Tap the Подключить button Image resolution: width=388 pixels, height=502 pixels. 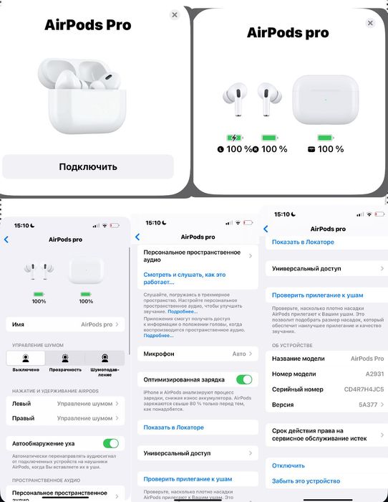coord(87,166)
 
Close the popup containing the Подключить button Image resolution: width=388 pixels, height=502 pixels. coord(175,14)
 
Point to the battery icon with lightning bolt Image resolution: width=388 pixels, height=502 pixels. coord(235,137)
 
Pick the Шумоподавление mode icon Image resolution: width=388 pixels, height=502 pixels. coord(105,358)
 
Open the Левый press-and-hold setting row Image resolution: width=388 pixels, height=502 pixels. coord(65,404)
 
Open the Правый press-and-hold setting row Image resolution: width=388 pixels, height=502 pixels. coord(65,418)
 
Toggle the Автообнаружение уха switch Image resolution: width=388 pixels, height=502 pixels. coord(110,444)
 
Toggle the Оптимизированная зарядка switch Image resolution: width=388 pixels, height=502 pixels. coord(244,379)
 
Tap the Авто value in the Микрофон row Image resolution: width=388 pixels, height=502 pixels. coord(239,354)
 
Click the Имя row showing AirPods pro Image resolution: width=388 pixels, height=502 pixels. coord(65,325)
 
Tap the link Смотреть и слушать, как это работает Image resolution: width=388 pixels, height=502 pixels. coord(185,278)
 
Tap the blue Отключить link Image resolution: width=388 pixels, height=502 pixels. coord(288,465)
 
